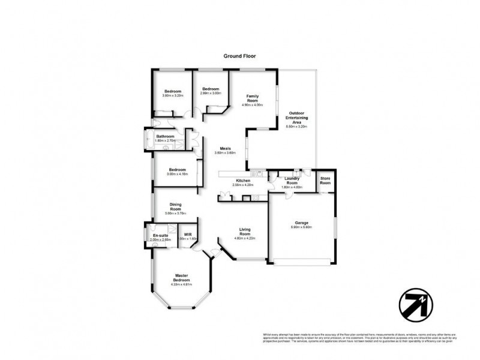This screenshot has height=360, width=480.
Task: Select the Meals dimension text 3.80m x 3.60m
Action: coord(225,153)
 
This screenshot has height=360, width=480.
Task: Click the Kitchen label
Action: coord(242,181)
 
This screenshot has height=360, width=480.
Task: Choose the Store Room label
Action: coord(325,181)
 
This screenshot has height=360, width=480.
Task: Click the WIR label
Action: coord(188,234)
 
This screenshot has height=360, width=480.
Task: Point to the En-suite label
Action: coord(160,235)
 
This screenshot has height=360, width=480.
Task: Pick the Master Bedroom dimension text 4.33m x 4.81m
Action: coord(182,284)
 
